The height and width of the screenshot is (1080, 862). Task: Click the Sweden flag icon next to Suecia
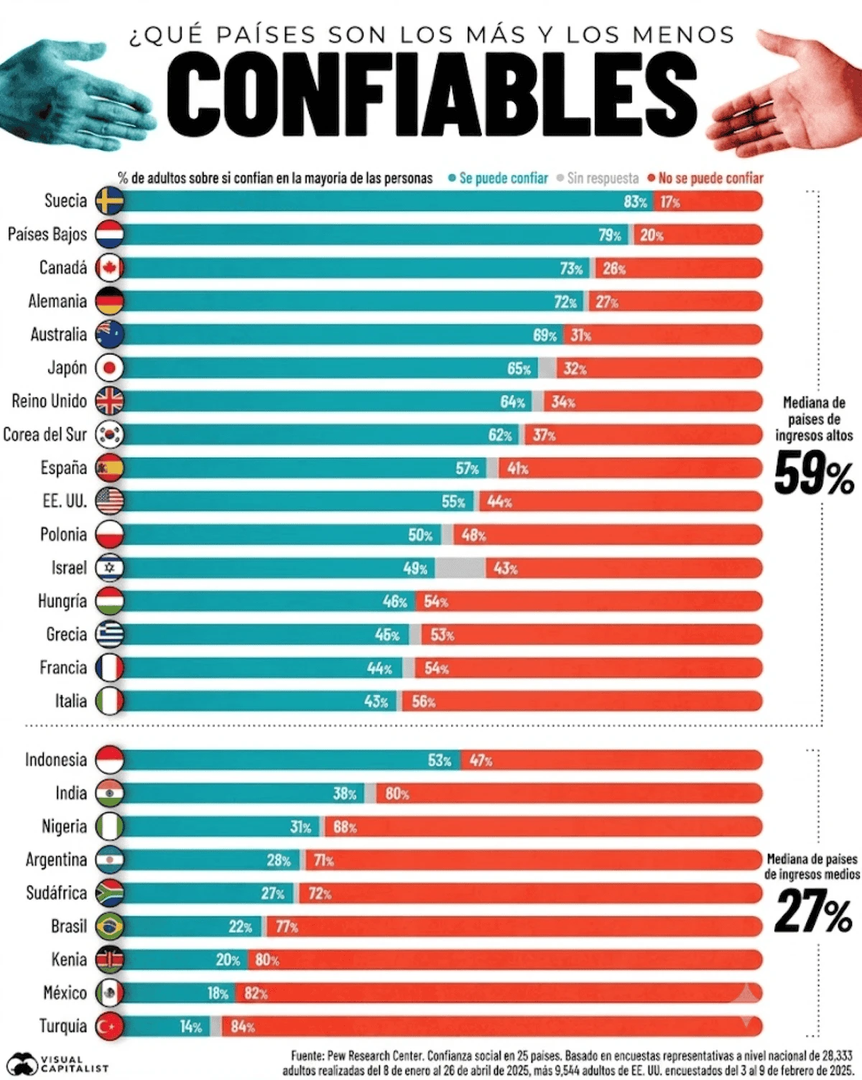pyautogui.click(x=109, y=201)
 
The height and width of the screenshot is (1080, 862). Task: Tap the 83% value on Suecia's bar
pyautogui.click(x=636, y=202)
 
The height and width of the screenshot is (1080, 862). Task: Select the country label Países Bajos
pyautogui.click(x=47, y=234)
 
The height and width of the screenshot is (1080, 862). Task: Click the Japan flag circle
pyautogui.click(x=109, y=368)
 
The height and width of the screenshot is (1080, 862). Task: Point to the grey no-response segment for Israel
pyautogui.click(x=460, y=568)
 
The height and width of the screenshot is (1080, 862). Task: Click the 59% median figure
pyautogui.click(x=814, y=472)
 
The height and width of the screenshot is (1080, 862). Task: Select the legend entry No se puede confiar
pyautogui.click(x=706, y=178)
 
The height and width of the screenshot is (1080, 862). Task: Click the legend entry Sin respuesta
pyautogui.click(x=598, y=178)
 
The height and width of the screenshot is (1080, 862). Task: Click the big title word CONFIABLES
pyautogui.click(x=432, y=94)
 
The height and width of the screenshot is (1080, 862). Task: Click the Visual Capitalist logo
pyautogui.click(x=57, y=1063)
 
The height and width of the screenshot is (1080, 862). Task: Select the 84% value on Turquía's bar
pyautogui.click(x=243, y=1027)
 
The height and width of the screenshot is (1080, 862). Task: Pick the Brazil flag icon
pyautogui.click(x=109, y=926)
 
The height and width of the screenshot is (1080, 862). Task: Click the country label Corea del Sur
pyautogui.click(x=45, y=434)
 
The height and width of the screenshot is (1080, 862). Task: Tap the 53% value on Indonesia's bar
pyautogui.click(x=440, y=760)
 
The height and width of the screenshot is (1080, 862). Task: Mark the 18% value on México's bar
pyautogui.click(x=218, y=993)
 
